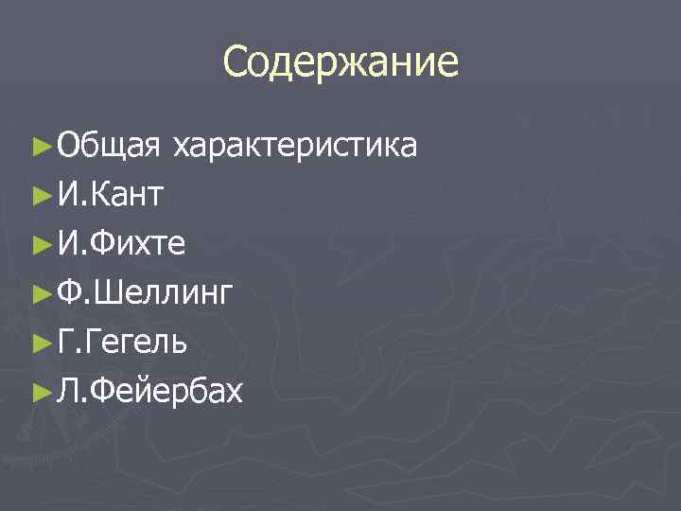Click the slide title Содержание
(340, 63)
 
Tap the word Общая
(106, 147)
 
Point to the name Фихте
(138, 244)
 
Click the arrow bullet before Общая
(40, 147)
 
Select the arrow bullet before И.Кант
(40, 196)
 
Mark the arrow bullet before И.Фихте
(40, 244)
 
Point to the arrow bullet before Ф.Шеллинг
(40, 292)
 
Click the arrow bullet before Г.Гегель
(40, 341)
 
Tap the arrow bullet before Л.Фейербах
(40, 390)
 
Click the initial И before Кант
(69, 195)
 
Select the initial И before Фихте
(69, 244)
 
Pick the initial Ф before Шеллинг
(70, 293)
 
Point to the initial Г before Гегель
(66, 342)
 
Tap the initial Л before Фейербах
(68, 390)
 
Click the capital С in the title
(236, 63)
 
